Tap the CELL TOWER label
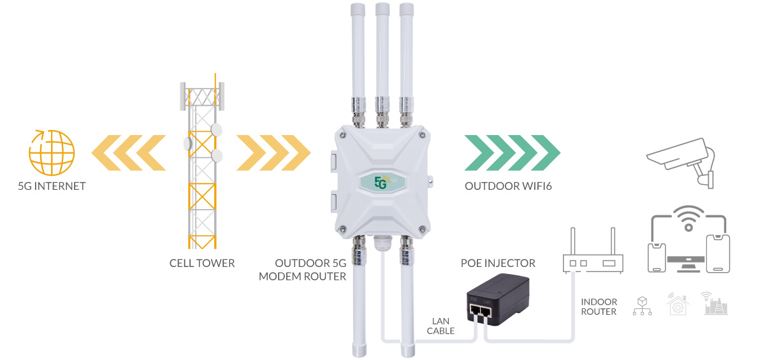[202, 263]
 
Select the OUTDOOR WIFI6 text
[508, 186]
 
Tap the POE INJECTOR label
[498, 263]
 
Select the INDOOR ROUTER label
[599, 306]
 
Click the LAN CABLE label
[441, 326]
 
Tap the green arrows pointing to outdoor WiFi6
[513, 153]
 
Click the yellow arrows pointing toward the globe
[127, 153]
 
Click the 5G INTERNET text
[52, 186]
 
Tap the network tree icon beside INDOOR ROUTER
[641, 305]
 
